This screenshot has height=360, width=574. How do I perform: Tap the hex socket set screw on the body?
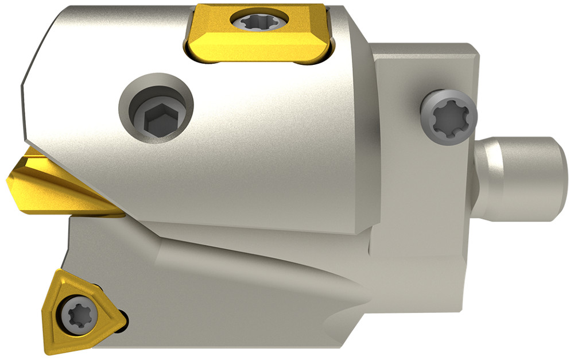coord(156,118)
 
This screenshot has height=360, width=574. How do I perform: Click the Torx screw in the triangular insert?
coord(76,313)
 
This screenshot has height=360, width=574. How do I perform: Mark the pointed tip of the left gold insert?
coord(8,180)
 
